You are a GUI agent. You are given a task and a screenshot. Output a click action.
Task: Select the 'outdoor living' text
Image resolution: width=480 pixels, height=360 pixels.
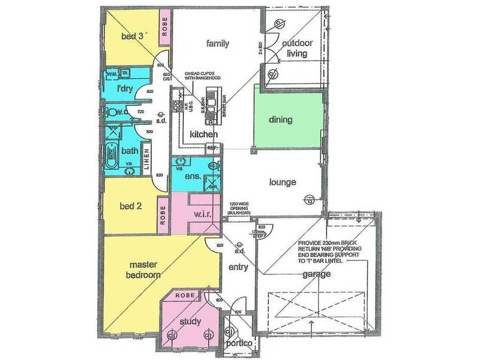click(296, 48)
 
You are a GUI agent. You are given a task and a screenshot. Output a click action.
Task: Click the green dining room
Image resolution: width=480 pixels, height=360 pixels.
click(280, 119)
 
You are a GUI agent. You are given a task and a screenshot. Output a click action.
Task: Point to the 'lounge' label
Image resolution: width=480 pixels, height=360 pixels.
click(282, 182)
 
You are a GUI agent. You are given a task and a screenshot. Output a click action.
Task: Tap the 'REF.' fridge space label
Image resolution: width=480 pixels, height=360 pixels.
click(212, 147)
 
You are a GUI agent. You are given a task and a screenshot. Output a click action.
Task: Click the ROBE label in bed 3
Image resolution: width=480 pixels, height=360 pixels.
click(164, 26)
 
